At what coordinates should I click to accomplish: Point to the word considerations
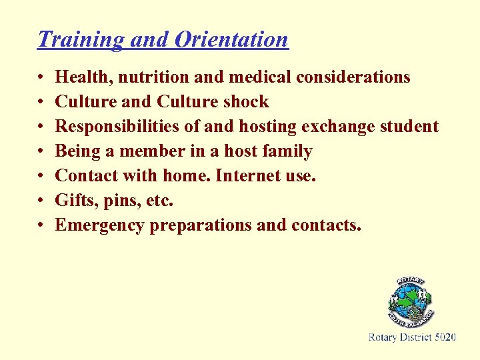tap(353, 77)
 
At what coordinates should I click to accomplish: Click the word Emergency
tap(100, 226)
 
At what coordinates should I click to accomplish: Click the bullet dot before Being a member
tap(41, 152)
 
